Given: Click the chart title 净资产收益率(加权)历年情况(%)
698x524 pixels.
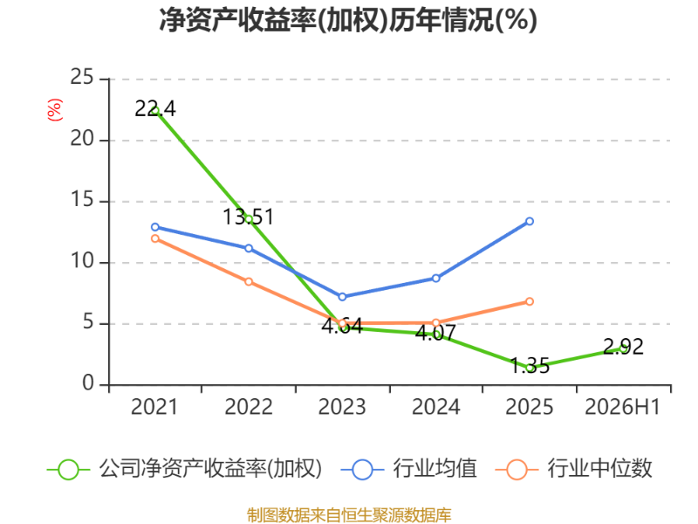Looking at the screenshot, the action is (x=348, y=20).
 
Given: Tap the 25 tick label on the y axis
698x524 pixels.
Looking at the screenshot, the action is (x=82, y=78).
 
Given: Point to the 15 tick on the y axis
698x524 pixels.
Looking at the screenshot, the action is (x=82, y=200).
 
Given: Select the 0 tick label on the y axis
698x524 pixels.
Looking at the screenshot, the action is (x=88, y=383).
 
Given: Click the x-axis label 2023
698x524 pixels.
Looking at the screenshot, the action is (x=342, y=407).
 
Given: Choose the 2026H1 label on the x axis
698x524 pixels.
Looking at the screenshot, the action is (x=622, y=407).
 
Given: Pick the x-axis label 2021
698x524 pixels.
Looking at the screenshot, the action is (x=154, y=407).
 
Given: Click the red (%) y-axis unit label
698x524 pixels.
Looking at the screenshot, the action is (x=55, y=110).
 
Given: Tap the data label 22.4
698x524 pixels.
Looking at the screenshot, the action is (x=155, y=108).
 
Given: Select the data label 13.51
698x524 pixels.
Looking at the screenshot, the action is (x=248, y=217).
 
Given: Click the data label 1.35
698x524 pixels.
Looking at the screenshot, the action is (x=530, y=366).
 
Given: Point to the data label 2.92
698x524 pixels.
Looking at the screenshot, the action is (x=623, y=347).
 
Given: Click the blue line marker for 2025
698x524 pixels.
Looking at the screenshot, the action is (x=530, y=222).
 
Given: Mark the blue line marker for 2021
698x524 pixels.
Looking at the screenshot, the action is (x=155, y=227).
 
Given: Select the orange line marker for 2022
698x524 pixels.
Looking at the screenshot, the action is (x=249, y=281).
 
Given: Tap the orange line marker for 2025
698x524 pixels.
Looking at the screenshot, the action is (x=530, y=301).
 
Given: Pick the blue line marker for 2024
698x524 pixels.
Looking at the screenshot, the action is (x=435, y=278).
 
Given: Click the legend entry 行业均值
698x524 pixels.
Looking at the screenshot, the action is (x=408, y=469).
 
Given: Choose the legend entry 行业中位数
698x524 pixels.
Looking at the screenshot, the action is (x=573, y=469).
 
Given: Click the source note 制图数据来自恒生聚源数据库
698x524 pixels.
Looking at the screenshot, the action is (x=349, y=515).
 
